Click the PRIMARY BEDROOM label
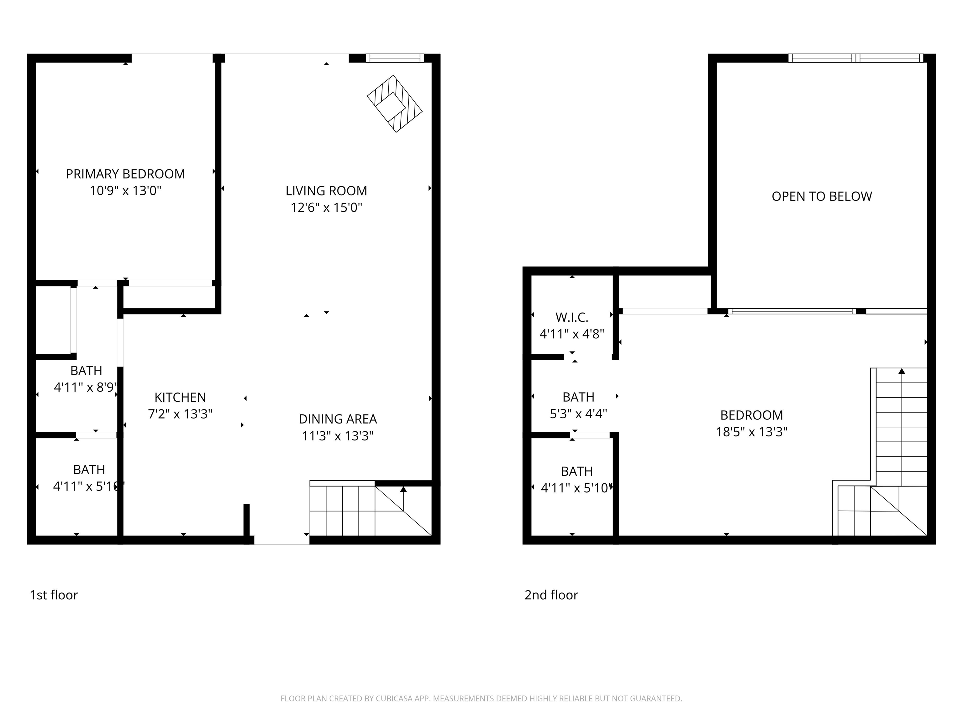point(125,174)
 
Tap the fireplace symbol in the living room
point(394,104)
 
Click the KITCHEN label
point(180,397)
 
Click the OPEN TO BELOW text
point(822,196)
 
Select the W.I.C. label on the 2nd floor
point(571,317)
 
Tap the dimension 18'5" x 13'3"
point(751,432)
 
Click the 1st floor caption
point(54,595)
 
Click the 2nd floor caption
point(551,595)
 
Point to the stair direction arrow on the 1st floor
point(403,490)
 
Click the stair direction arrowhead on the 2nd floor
point(902,371)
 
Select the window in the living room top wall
point(394,58)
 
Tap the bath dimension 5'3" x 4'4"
point(578,414)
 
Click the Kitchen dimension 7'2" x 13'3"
point(180,414)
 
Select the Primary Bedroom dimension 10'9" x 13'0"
point(125,190)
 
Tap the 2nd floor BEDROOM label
point(751,415)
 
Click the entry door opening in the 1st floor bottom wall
point(282,540)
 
